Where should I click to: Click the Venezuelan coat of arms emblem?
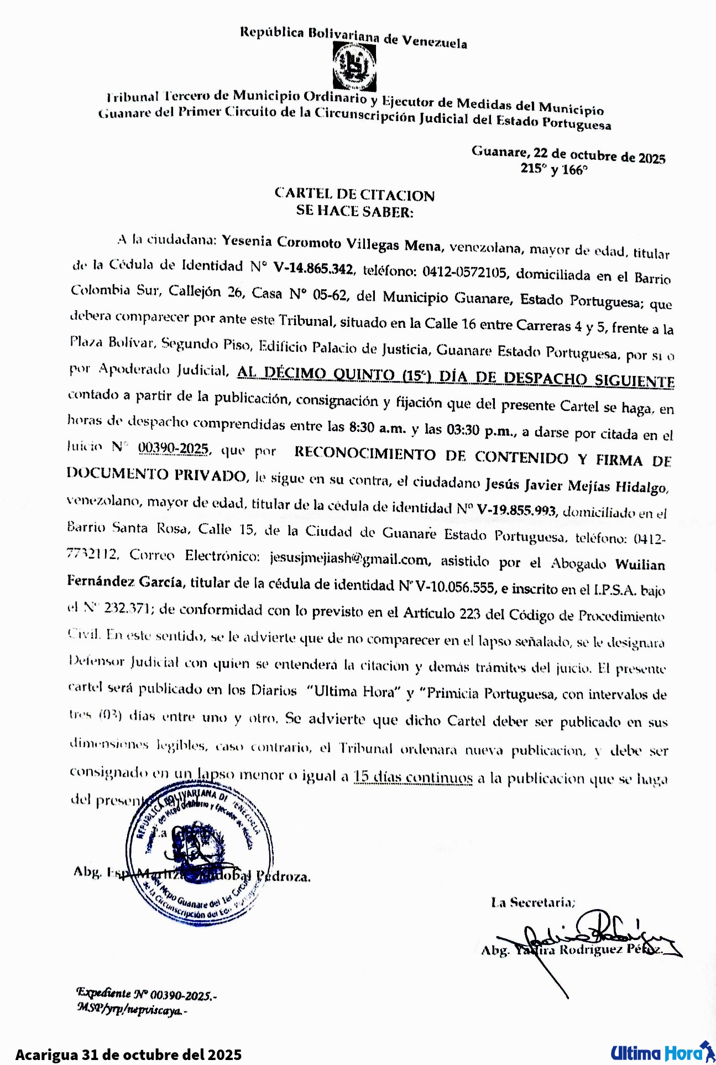(x=354, y=67)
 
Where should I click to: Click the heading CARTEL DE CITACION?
(x=354, y=195)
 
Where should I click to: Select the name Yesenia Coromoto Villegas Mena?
(x=332, y=243)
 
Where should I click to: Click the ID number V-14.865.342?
(x=313, y=269)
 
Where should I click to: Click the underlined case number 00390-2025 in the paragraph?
(x=174, y=447)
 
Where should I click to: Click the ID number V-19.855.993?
(x=516, y=509)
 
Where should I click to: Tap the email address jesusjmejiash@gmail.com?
(x=349, y=558)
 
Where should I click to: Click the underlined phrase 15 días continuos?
(x=413, y=777)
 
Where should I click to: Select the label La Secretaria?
(x=533, y=902)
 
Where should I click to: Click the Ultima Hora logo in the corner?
(x=661, y=1052)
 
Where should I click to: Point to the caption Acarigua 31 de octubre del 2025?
(x=128, y=1054)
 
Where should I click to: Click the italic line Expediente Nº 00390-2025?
(x=147, y=995)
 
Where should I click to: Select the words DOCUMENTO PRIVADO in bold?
(x=156, y=474)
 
